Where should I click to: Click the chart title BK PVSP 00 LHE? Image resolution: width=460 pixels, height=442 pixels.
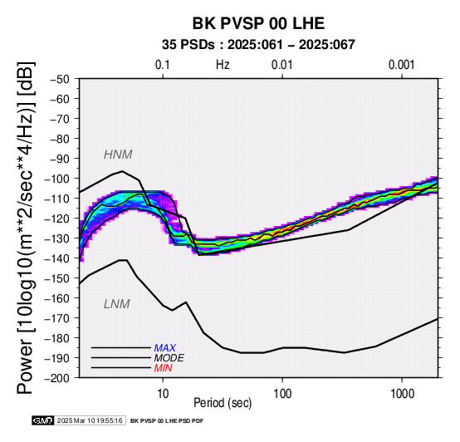click(258, 23)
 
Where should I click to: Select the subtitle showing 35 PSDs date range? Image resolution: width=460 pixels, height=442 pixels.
click(258, 45)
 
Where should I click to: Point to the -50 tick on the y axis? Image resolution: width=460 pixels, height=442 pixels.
click(60, 79)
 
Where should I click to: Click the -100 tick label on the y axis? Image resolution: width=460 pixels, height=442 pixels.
click(57, 179)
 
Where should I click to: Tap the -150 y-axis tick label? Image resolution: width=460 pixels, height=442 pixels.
click(57, 278)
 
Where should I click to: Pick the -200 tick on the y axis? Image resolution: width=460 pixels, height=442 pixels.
click(57, 378)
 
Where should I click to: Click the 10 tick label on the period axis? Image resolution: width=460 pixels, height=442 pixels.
click(163, 394)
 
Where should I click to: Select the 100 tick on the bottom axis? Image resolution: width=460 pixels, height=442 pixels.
click(282, 394)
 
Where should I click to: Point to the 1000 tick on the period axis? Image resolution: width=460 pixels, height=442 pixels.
click(402, 394)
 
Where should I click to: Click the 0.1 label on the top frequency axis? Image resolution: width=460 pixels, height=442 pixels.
click(163, 65)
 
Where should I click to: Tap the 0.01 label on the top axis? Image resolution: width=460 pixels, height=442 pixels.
click(282, 65)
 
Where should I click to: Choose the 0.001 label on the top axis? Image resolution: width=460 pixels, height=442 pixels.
click(402, 65)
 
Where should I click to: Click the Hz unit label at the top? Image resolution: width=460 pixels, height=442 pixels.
click(223, 65)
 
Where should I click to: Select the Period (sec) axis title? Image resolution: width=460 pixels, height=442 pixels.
click(223, 403)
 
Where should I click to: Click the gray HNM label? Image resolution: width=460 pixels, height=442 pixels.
click(118, 155)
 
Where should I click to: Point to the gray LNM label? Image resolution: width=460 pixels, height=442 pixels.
click(117, 304)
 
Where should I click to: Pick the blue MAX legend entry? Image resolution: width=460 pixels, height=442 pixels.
click(165, 348)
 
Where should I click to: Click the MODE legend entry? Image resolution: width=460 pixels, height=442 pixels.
click(169, 358)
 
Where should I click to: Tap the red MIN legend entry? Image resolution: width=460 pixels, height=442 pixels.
click(163, 368)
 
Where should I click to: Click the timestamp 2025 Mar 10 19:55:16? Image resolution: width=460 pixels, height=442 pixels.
click(90, 421)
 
